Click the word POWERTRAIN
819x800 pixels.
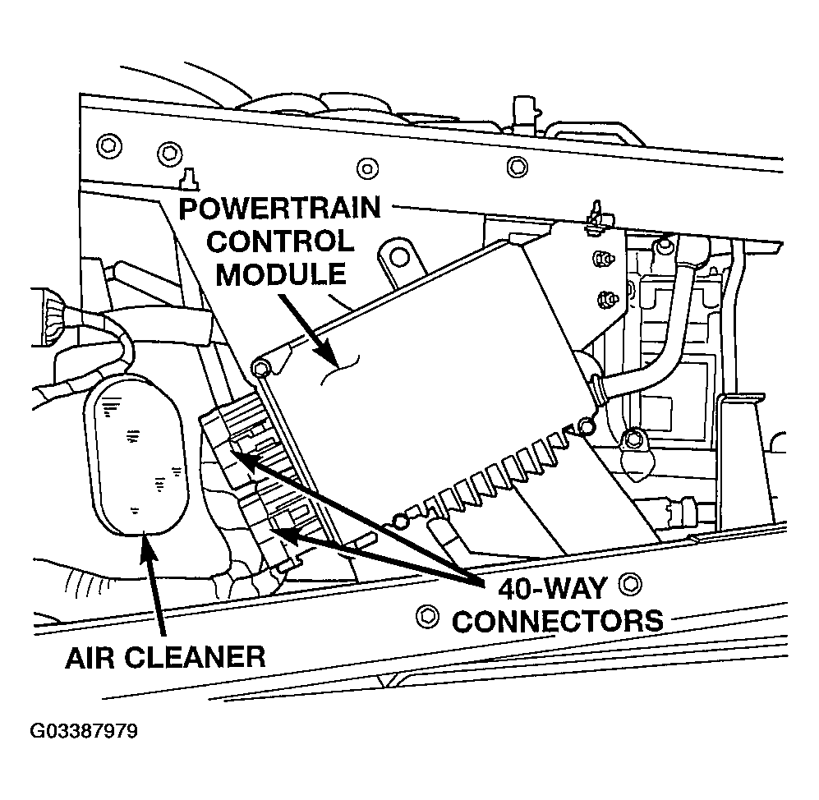tap(279, 209)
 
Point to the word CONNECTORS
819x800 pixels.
tap(558, 620)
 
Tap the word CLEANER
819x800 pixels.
tap(202, 656)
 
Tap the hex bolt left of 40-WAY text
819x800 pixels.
tap(426, 614)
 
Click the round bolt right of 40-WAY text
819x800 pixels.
tap(630, 585)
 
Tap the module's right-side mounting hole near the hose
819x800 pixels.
tap(585, 425)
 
